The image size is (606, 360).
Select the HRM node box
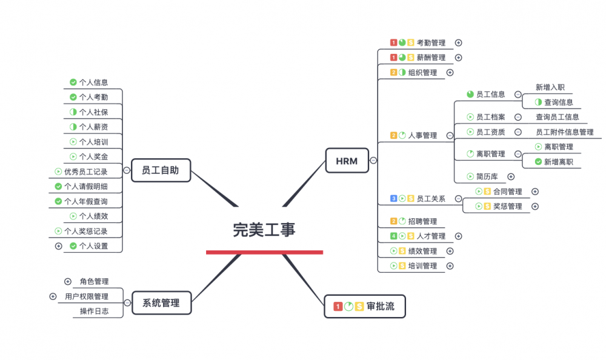347,161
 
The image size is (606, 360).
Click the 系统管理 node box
161,302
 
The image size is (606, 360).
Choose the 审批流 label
381,307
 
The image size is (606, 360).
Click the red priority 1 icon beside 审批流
338,307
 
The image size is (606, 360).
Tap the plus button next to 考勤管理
459,42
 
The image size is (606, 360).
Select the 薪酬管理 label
431,58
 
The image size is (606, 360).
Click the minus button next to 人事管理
450,136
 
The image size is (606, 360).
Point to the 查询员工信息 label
557,117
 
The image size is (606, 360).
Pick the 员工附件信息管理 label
564,132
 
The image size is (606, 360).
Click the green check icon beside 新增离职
538,162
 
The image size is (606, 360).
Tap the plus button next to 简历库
511,176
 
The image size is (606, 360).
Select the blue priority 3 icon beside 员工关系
393,198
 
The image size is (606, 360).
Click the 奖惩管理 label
507,207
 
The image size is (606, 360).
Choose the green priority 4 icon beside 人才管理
393,236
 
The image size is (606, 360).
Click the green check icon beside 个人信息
73,82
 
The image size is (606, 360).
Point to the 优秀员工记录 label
85,172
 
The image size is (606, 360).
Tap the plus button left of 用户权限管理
53,296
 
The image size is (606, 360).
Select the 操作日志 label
94,312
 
